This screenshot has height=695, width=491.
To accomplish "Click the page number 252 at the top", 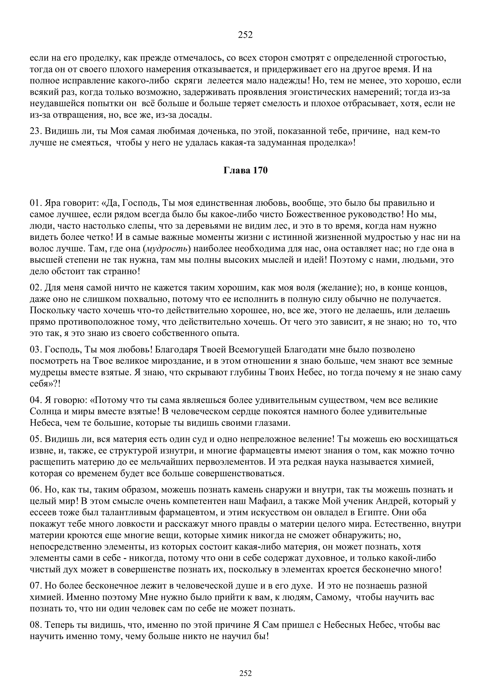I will [245, 35].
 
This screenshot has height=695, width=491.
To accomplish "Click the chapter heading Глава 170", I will [245, 171].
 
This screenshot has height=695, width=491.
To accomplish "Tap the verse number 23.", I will [35, 131].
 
